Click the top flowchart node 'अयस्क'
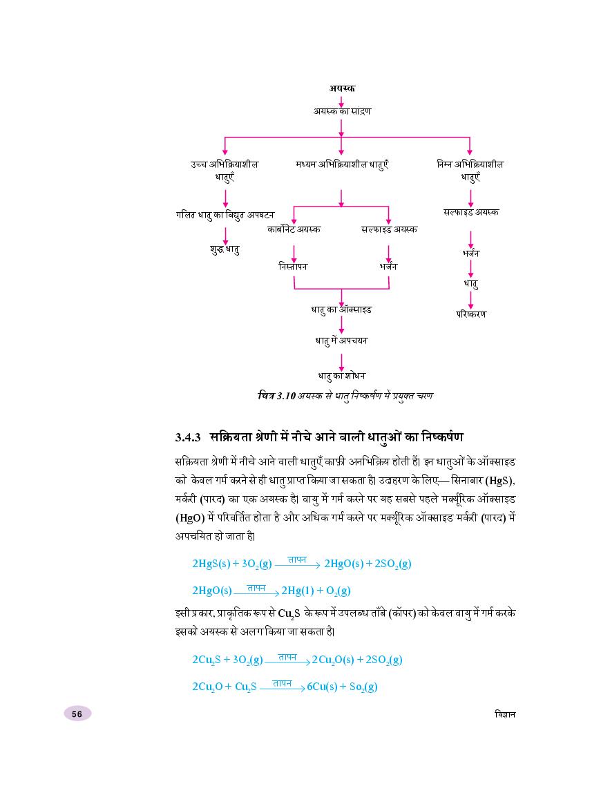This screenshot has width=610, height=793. coord(342,88)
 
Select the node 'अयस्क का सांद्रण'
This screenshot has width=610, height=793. coord(341,111)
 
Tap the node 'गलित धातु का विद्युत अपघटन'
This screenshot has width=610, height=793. coord(225,215)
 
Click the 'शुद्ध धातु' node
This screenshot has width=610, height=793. coord(225,249)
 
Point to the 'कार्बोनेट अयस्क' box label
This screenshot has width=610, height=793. coord(294,229)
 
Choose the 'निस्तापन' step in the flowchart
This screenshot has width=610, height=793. coord(293,266)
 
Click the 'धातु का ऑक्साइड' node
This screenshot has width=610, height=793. coord(341,309)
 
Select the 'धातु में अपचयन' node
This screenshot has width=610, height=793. coord(341,341)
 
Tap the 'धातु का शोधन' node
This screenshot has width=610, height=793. coord(341,375)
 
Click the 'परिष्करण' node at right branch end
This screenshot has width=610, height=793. coord(471,314)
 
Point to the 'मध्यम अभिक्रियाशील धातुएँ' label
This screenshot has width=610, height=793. coord(341,164)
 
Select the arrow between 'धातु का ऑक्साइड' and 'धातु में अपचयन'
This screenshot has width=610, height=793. coord(341,325)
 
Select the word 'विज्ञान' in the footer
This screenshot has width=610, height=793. coord(500,714)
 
